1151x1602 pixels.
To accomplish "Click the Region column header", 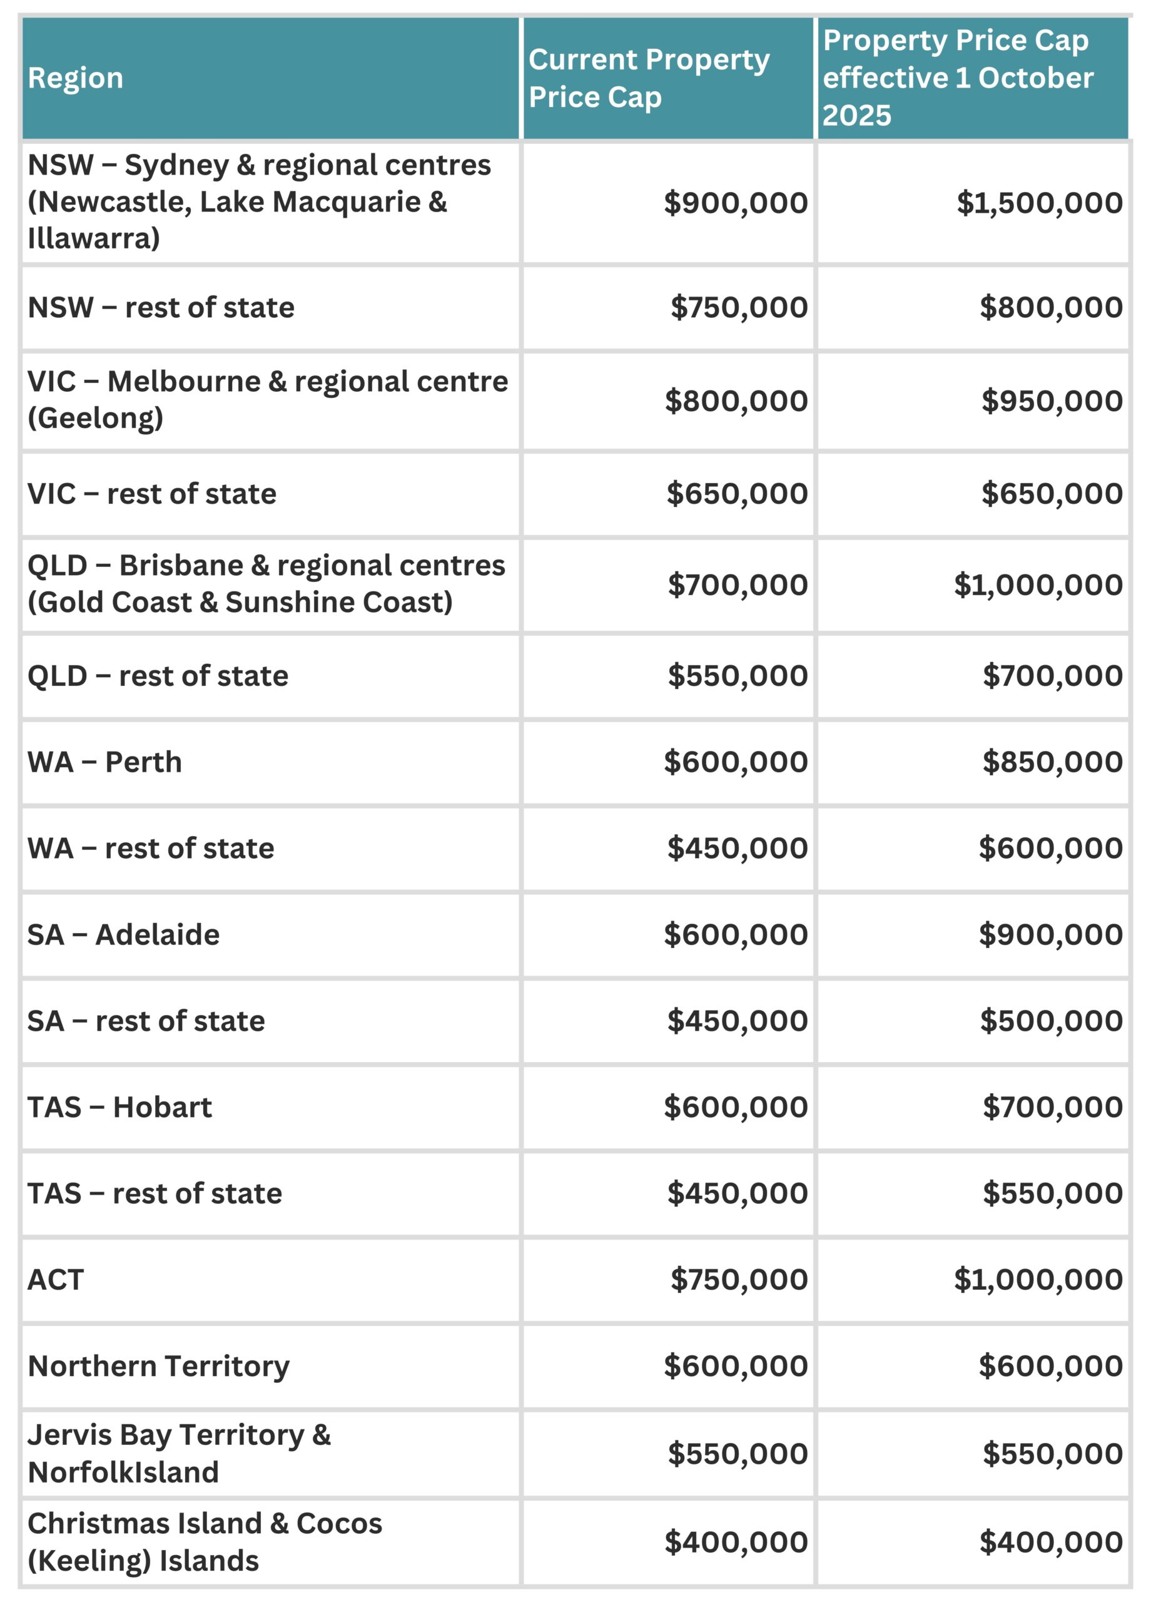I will click(76, 78).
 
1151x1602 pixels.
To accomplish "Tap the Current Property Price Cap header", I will click(648, 78).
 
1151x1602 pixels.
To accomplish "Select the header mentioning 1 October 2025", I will click(958, 78).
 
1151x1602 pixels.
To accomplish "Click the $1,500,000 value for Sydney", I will click(1040, 203).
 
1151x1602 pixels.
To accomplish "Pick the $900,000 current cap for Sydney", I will click(736, 203).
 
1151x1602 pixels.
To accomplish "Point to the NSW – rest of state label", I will click(161, 308).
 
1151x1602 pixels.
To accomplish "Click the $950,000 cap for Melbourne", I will click(1052, 401).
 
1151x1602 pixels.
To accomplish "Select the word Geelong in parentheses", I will click(95, 418).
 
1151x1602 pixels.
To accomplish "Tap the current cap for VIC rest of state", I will click(738, 494).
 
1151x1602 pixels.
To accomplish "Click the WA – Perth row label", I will click(104, 762).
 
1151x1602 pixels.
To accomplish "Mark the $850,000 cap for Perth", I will click(1052, 762).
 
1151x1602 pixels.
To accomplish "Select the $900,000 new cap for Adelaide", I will click(1051, 934).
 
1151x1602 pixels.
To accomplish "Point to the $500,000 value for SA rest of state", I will click(1052, 1021).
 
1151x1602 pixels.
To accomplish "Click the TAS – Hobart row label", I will click(119, 1107).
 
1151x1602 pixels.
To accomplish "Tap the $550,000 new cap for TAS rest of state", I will click(1052, 1193).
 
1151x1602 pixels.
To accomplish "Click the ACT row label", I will click(56, 1279).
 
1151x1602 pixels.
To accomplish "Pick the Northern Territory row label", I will click(159, 1366).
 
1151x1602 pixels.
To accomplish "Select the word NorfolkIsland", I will click(124, 1472).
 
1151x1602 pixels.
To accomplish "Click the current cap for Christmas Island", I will click(736, 1542).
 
